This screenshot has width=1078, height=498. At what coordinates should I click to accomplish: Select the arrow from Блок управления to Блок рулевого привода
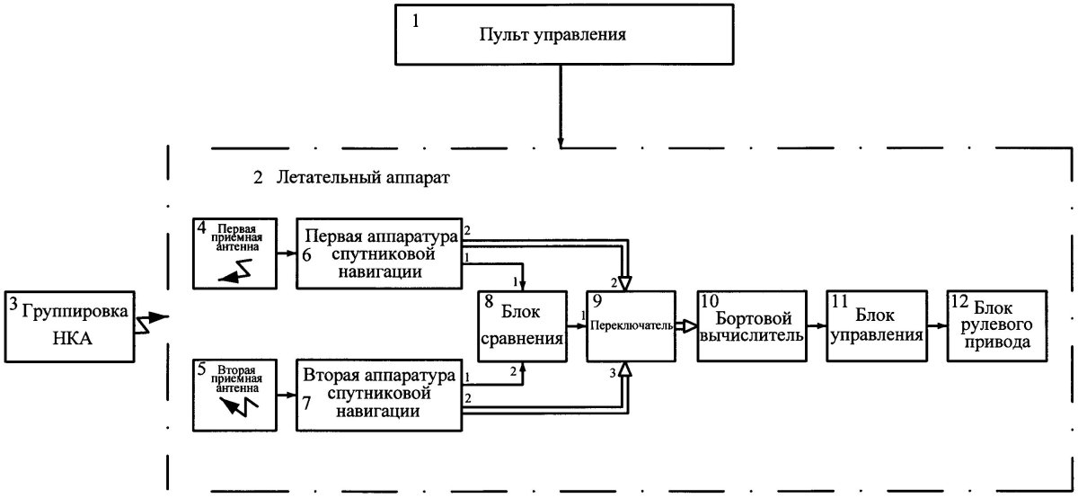pyautogui.click(x=935, y=325)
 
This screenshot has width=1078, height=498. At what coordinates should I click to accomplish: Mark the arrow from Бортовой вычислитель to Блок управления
pyautogui.click(x=813, y=325)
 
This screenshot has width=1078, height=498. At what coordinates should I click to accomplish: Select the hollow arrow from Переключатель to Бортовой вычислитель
pyautogui.click(x=685, y=325)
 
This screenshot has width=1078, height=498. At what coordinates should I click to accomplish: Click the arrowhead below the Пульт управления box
pyautogui.click(x=561, y=143)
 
